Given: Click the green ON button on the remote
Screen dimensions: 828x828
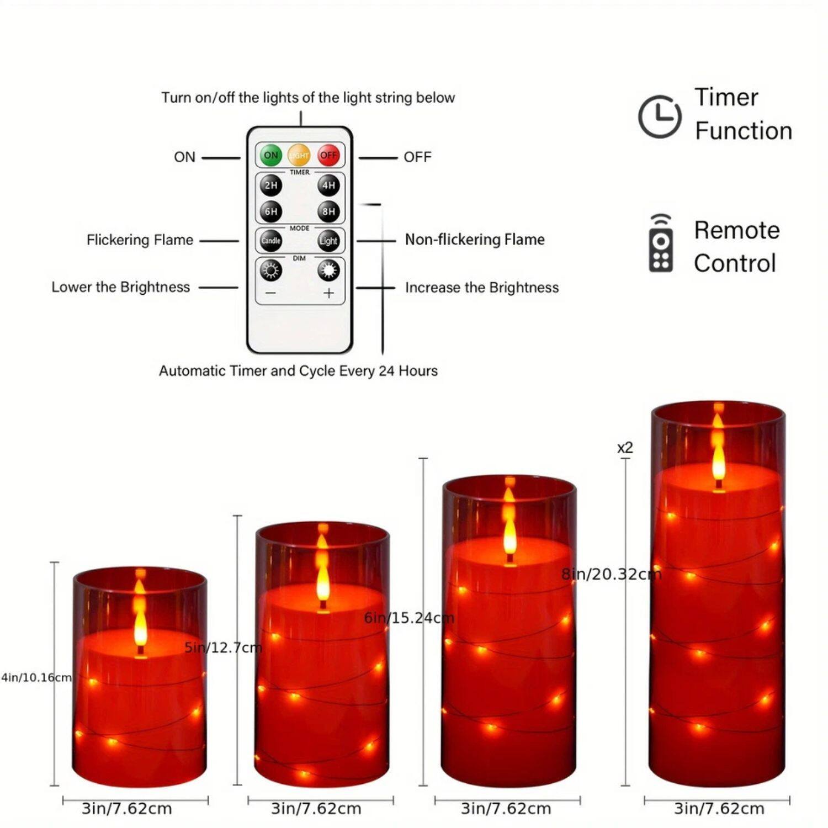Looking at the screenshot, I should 270,156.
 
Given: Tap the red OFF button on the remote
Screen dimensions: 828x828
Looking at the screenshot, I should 328,156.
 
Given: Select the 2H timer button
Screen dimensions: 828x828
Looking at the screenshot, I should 270,185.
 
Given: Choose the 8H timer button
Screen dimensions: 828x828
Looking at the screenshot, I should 328,211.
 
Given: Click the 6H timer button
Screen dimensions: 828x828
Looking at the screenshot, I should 270,211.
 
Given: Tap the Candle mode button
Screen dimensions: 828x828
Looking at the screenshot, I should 270,241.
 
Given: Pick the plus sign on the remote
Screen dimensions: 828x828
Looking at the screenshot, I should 328,293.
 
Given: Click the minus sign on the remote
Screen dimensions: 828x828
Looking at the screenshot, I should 270,293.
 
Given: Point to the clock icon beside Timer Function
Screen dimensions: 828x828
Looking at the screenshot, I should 660,116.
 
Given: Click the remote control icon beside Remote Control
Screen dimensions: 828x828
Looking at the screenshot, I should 661,245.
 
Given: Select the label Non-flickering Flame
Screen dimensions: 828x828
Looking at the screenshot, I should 475,240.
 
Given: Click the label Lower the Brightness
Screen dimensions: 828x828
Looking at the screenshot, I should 120,287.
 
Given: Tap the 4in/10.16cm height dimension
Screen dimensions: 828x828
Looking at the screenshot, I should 36,677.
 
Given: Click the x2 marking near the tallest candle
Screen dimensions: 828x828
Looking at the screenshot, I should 625,448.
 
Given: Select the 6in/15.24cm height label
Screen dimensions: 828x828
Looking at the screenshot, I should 409,618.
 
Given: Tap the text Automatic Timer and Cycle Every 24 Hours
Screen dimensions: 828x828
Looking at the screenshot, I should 298,371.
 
